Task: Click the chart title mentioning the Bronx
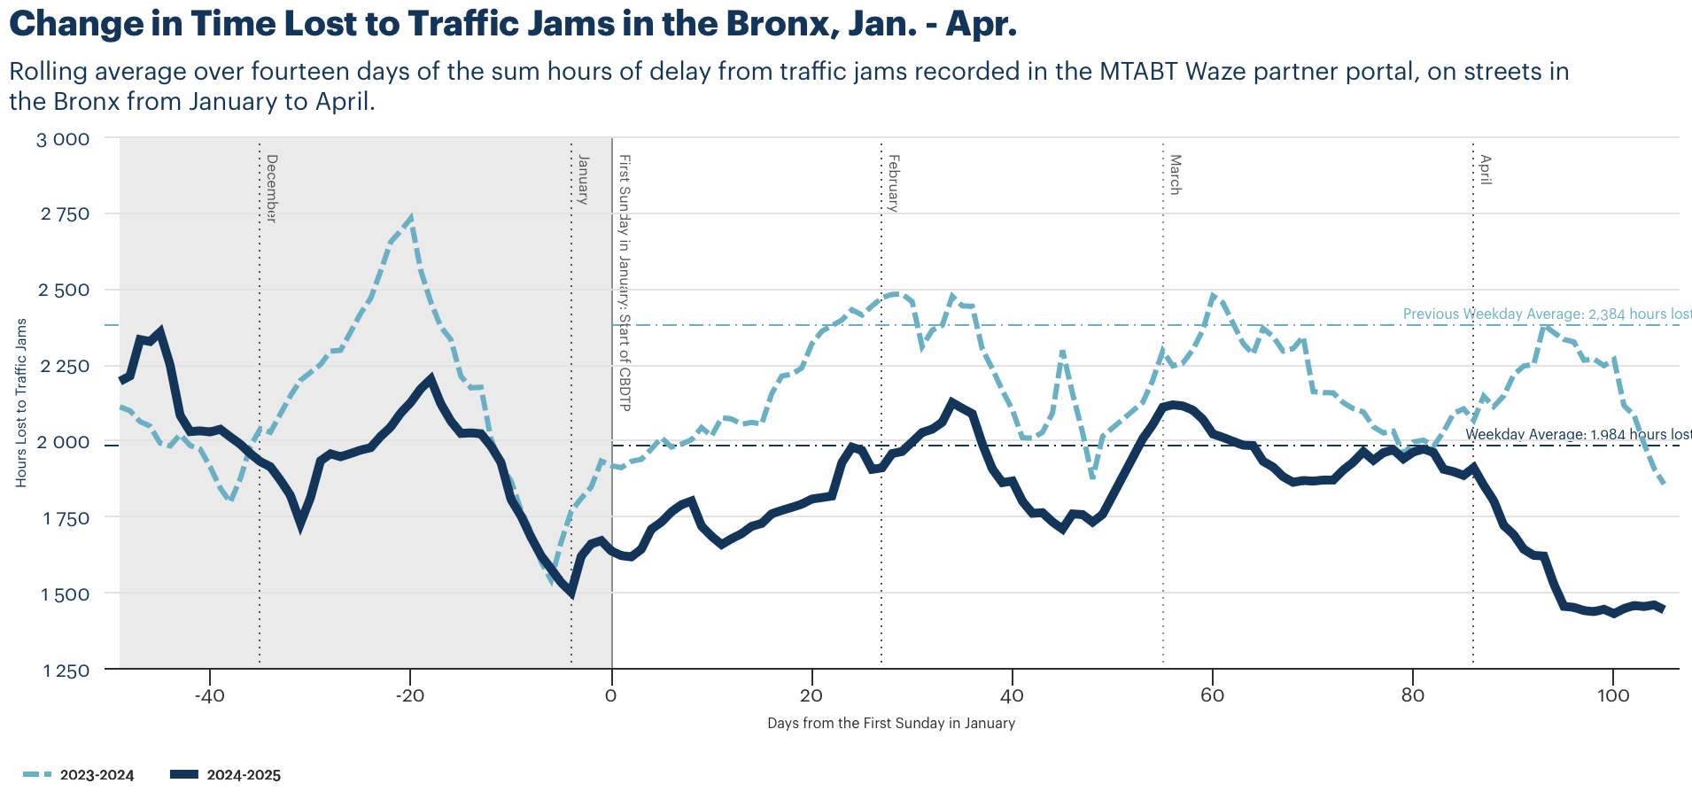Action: [512, 24]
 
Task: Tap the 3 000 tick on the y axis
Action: [63, 139]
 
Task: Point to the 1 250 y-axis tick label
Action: [66, 671]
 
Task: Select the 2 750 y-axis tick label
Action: [65, 214]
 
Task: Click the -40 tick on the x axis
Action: [209, 695]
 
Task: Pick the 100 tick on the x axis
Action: [1613, 695]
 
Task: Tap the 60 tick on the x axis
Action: [1212, 695]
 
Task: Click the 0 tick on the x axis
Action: [610, 695]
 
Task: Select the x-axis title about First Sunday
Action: [890, 723]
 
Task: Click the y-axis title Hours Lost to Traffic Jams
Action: [21, 403]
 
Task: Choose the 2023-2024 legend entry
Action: [79, 775]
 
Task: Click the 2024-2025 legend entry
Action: [225, 775]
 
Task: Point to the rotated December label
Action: [272, 188]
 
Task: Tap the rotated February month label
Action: [894, 182]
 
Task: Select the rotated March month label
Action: [1176, 175]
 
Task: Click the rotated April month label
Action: [1486, 169]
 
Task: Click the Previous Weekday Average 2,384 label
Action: [1547, 314]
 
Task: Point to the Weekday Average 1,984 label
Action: [1578, 434]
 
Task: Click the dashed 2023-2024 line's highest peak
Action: [411, 217]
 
